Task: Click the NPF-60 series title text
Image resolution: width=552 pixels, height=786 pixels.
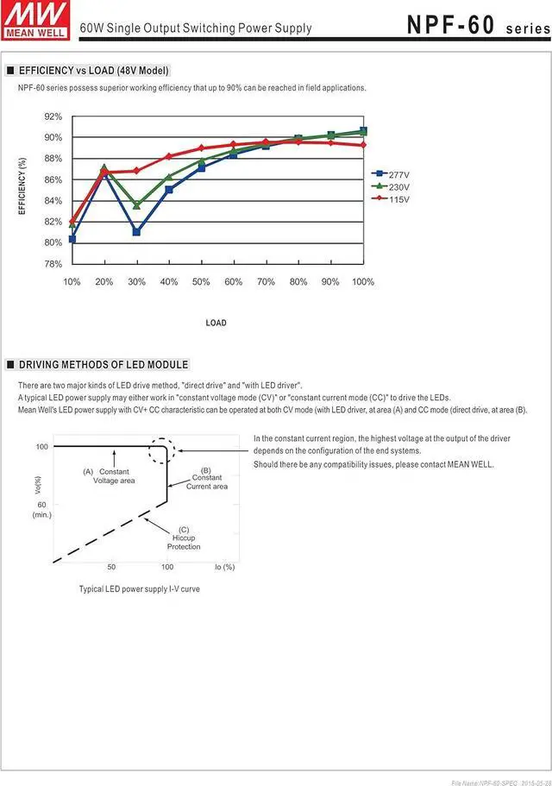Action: (x=476, y=26)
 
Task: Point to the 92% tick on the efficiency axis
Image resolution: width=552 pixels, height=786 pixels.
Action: (x=53, y=116)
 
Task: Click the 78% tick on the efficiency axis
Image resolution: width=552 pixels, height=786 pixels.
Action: (x=53, y=263)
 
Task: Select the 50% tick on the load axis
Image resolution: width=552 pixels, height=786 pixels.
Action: (x=201, y=282)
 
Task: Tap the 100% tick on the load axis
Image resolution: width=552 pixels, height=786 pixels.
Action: (x=363, y=282)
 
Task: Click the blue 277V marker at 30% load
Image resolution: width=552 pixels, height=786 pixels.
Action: (x=136, y=232)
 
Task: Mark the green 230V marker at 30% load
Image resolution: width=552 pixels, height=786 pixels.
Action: (x=136, y=205)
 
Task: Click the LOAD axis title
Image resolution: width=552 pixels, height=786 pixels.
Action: (x=216, y=323)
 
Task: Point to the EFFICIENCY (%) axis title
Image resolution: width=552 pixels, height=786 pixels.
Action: (x=23, y=185)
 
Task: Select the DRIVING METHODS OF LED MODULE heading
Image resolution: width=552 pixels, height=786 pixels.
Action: (x=103, y=365)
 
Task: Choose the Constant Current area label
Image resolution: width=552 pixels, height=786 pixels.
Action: (x=207, y=481)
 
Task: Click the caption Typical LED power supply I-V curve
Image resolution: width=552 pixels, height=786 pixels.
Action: (x=139, y=588)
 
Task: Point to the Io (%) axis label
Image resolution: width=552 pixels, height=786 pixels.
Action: (x=224, y=567)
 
